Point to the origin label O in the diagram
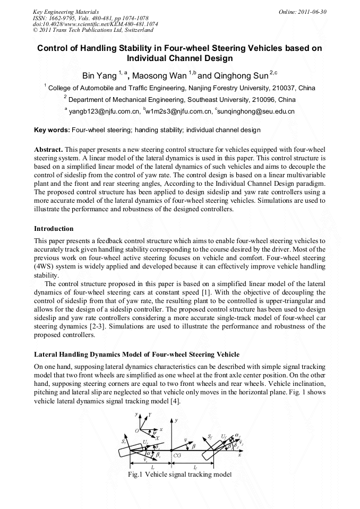pyautogui.click(x=136, y=430)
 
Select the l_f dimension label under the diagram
pyautogui.click(x=195, y=467)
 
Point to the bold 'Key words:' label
pyautogui.click(x=52, y=130)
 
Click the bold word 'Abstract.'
pyautogui.click(x=49, y=150)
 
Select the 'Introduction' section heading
pyautogui.click(x=54, y=229)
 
